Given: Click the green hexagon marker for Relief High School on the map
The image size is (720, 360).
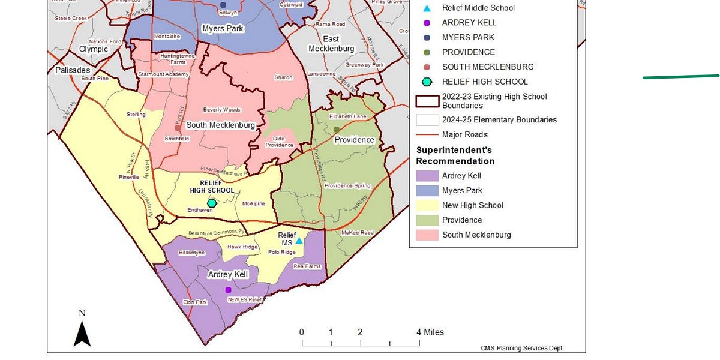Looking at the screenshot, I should point(211,203).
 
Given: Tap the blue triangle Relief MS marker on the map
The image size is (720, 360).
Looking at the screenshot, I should point(299,241).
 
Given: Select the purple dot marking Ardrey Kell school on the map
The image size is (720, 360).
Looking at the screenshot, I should point(228,290).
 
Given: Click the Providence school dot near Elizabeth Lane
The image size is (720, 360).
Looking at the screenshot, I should point(336,130).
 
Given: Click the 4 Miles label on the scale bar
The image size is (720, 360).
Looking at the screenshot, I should point(430,332).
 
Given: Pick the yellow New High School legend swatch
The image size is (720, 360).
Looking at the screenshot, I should point(427,205).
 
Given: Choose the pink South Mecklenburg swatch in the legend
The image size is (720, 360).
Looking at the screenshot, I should point(427,235).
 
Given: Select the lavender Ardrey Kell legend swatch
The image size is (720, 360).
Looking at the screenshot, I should point(427,176).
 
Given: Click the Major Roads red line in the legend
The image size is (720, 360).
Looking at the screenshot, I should point(427,135).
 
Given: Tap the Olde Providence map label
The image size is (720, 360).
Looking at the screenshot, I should point(279,142).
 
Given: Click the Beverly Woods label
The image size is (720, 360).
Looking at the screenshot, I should point(221,110).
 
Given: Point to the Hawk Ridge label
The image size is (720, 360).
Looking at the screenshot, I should point(242,247).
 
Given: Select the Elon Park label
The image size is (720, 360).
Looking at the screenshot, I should point(195,302).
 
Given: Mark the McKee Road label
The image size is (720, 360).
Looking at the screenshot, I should point(357,233).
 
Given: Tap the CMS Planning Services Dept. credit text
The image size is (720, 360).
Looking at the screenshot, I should point(522,348).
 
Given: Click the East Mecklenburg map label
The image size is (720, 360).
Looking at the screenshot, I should point(331,44).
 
